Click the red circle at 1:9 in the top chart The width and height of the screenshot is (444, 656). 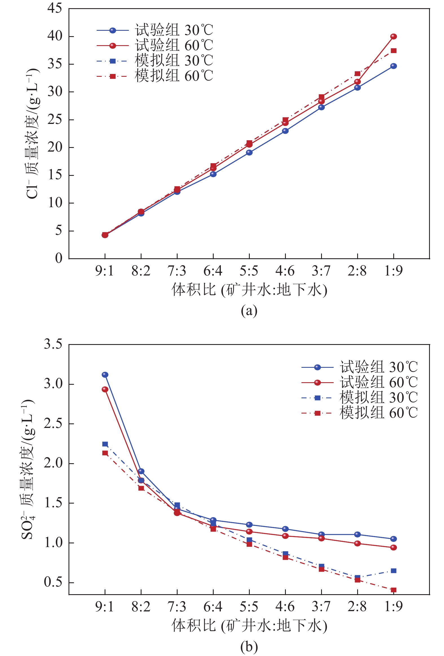(x=394, y=36)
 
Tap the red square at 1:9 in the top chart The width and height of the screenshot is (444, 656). (x=394, y=51)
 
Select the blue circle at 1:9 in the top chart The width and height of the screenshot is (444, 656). (x=394, y=66)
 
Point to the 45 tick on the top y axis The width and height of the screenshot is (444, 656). (x=55, y=8)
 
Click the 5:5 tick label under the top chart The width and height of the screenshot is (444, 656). (x=249, y=271)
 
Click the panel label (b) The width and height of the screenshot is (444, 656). (x=249, y=646)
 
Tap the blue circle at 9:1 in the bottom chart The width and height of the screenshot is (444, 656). (x=105, y=375)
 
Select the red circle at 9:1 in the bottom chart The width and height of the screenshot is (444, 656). (x=105, y=389)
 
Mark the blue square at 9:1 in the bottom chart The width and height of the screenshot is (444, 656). (x=105, y=444)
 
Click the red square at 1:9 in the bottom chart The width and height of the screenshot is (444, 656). (x=394, y=590)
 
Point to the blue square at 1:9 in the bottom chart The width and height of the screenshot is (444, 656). (x=394, y=571)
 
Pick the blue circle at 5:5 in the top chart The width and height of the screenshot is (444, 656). (x=249, y=152)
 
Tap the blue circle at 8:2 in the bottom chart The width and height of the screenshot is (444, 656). (x=141, y=471)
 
